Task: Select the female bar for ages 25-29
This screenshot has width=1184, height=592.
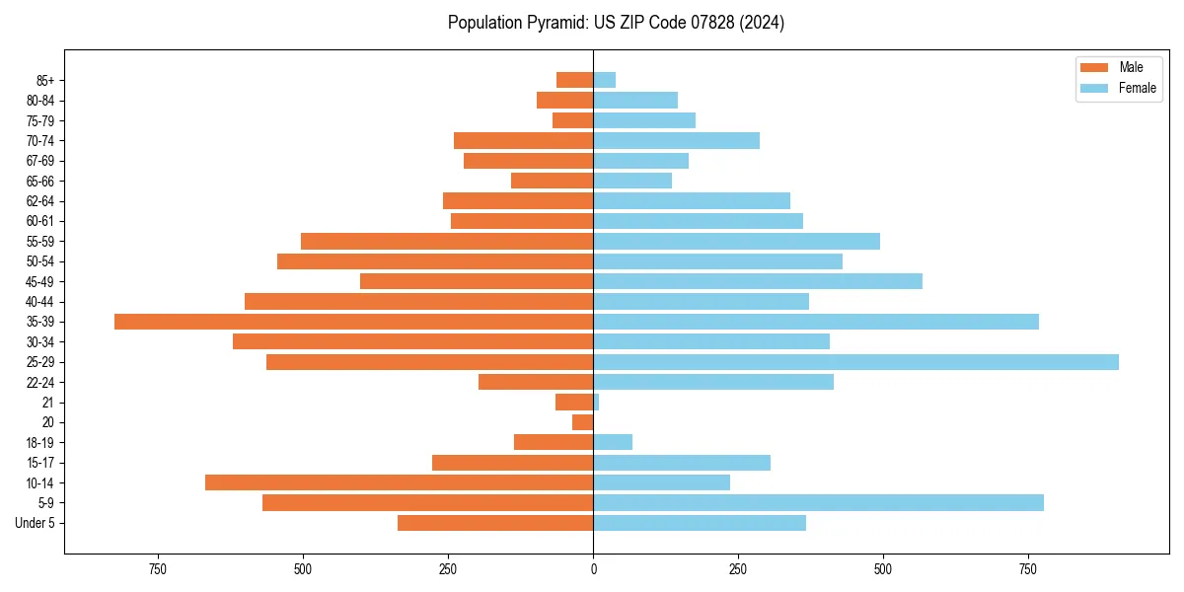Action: point(855,362)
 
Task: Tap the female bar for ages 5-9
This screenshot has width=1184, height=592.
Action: point(818,503)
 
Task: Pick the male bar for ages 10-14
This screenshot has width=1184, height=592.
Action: point(399,482)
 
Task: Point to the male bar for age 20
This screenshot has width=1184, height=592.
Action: point(582,422)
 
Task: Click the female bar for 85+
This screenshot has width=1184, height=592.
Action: point(604,80)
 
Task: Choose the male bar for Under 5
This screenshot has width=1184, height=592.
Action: point(495,523)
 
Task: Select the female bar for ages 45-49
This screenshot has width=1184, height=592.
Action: point(758,281)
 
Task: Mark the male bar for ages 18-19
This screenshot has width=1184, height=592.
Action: point(554,442)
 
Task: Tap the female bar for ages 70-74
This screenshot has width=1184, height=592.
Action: point(676,140)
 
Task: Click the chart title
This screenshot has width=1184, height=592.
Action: point(616,23)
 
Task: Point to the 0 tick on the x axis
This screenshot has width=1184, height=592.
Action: point(593,569)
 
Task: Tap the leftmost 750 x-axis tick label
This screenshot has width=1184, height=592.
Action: point(157,569)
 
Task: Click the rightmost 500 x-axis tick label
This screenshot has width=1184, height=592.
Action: point(883,569)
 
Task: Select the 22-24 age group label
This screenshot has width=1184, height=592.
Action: point(40,382)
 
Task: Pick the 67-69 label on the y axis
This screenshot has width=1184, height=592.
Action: point(40,161)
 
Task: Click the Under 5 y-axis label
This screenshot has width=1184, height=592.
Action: point(35,523)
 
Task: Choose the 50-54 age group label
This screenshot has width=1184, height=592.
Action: point(40,261)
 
